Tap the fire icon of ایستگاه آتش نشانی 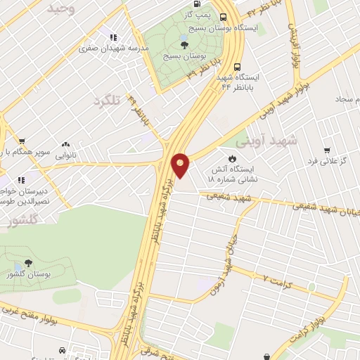pyautogui.click(x=233, y=157)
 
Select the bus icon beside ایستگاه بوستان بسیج pyautogui.click(x=223, y=18)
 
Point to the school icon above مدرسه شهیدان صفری pyautogui.click(x=112, y=37)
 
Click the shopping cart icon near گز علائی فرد pyautogui.click(x=327, y=150)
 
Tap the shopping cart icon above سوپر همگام pyautogui.click(x=22, y=141)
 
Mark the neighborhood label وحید pyautogui.click(x=61, y=8)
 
